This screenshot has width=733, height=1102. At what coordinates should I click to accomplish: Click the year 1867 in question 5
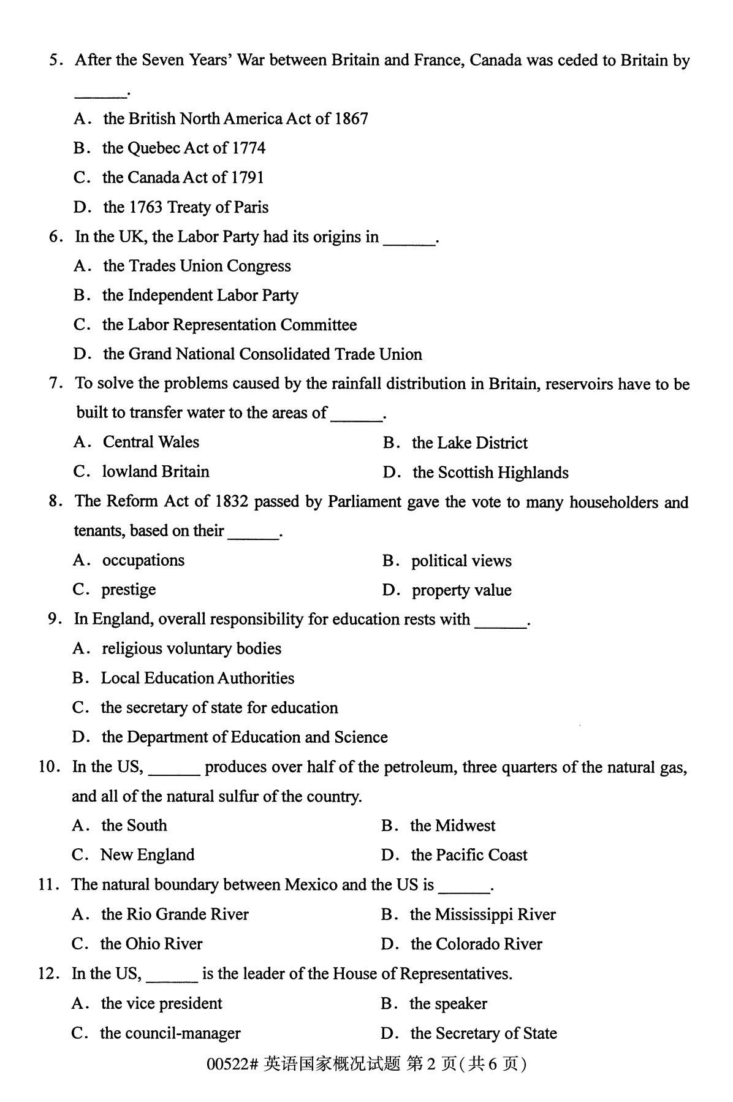click(351, 118)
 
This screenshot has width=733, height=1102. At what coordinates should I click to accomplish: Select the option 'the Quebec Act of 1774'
click(183, 148)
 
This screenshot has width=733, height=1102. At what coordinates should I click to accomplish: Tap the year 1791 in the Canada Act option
click(247, 177)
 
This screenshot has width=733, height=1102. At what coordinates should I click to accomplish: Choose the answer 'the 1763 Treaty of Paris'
click(185, 207)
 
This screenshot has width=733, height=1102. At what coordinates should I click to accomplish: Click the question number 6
click(56, 237)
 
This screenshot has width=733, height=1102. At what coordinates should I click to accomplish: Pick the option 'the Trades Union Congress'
click(196, 266)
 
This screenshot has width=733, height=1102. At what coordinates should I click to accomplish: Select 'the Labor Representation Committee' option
click(229, 325)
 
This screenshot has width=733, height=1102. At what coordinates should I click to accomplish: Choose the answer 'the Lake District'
click(469, 443)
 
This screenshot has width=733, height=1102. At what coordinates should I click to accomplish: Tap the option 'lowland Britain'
click(155, 471)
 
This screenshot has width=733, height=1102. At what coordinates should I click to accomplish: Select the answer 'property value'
click(461, 590)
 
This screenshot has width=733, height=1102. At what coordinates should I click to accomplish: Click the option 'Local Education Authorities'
click(197, 678)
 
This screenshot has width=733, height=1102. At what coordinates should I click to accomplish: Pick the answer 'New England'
click(147, 855)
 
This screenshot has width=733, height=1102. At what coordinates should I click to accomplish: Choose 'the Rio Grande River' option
click(175, 914)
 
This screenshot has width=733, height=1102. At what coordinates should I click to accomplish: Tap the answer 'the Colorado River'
click(476, 944)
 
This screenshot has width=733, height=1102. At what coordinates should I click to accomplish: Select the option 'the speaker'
click(448, 1003)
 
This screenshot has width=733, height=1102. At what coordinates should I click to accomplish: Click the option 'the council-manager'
click(170, 1033)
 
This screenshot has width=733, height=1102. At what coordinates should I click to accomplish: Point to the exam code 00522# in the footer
click(232, 1065)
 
